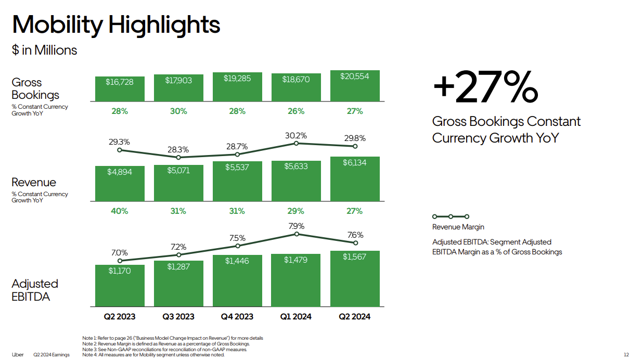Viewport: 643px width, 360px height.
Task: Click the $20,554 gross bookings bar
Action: point(355,86)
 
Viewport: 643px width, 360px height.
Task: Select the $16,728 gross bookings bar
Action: point(120,89)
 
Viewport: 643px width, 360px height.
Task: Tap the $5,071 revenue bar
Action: point(178,183)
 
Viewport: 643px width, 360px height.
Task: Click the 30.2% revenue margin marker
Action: point(296,143)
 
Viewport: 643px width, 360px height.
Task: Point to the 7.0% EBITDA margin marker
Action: point(120,261)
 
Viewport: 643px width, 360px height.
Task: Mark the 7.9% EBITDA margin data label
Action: point(296,226)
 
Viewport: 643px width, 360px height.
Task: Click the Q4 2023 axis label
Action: point(237,316)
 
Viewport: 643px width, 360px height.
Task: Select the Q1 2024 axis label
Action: point(296,316)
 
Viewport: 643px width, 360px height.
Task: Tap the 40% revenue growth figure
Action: point(120,211)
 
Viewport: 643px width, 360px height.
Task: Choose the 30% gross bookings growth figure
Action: point(178,111)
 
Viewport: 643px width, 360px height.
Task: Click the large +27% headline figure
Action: point(485,87)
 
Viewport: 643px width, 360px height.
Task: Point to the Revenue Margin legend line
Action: point(451,216)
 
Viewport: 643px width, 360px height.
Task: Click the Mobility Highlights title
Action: point(117,24)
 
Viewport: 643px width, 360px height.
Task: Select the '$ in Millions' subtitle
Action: point(45,50)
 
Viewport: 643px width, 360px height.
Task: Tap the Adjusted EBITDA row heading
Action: point(35,290)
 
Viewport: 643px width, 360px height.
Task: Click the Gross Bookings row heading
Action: point(35,88)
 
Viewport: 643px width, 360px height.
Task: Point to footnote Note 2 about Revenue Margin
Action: point(166,344)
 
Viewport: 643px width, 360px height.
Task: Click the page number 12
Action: point(626,355)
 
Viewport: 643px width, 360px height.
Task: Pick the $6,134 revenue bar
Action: point(355,179)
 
